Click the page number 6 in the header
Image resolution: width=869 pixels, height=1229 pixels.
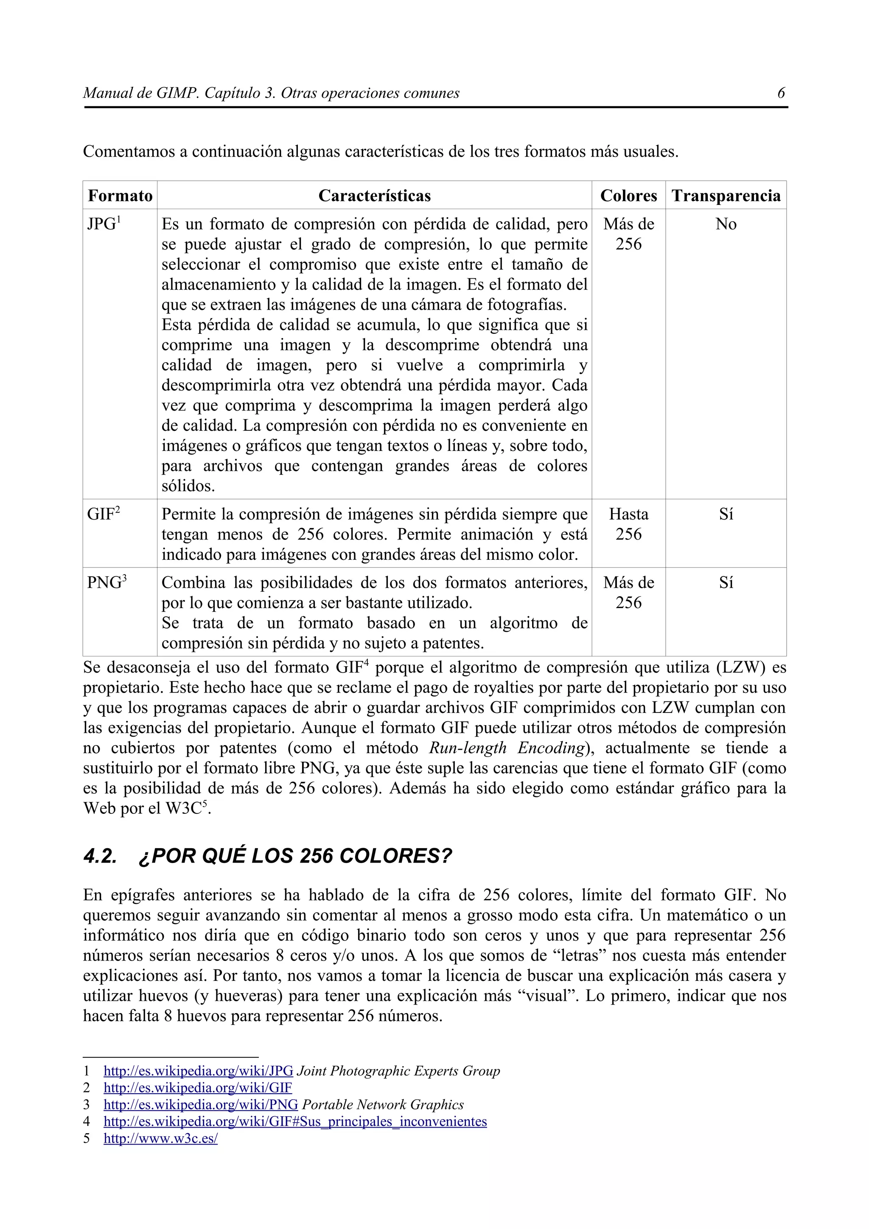pos(781,93)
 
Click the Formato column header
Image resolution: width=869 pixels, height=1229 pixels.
pos(120,196)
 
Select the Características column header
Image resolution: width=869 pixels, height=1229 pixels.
pos(374,196)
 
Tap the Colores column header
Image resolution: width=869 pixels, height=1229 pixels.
pos(628,196)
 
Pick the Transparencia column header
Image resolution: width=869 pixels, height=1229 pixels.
pos(726,196)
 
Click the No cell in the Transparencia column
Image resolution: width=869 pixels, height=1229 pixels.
pos(726,224)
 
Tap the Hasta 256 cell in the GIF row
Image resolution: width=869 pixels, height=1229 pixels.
pos(628,524)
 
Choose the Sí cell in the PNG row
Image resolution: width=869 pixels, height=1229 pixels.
pos(726,583)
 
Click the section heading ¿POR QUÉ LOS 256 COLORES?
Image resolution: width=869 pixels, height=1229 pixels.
pos(294,856)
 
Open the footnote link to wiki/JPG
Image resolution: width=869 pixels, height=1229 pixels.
pos(198,1071)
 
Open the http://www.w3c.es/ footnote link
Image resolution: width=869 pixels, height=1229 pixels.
pos(161,1139)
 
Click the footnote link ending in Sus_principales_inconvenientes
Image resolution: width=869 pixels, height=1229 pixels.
pos(295,1121)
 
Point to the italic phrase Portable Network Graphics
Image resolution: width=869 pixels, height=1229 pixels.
pos(383,1105)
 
